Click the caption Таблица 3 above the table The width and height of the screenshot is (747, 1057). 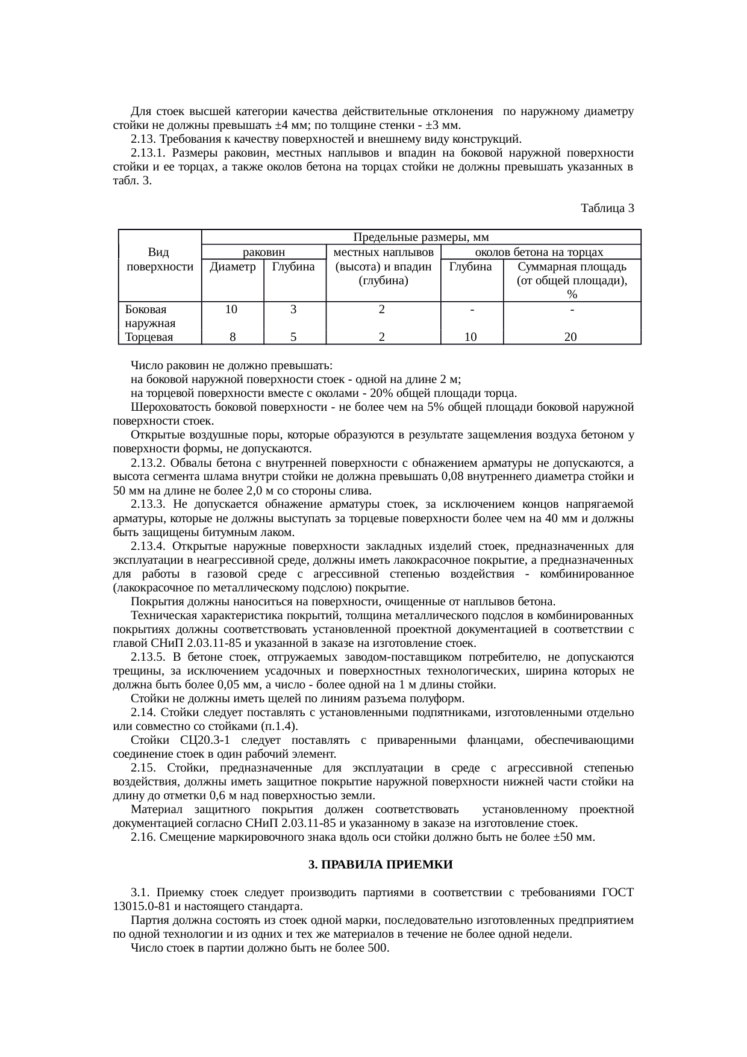(607, 208)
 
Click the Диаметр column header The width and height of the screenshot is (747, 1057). (233, 266)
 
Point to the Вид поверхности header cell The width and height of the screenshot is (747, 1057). (160, 260)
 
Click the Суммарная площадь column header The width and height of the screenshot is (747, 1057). (572, 266)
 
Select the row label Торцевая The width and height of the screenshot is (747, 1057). (148, 337)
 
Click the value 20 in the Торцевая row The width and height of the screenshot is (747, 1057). (570, 337)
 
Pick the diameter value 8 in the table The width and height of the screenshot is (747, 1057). (232, 337)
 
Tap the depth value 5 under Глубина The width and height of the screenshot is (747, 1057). (293, 337)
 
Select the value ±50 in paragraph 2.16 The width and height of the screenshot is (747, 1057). (563, 838)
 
